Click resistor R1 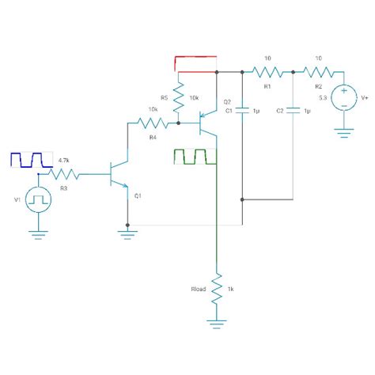coord(267,72)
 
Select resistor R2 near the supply coord(318,72)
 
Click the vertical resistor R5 coord(179,97)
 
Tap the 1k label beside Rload coord(231,290)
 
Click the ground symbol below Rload coord(216,320)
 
